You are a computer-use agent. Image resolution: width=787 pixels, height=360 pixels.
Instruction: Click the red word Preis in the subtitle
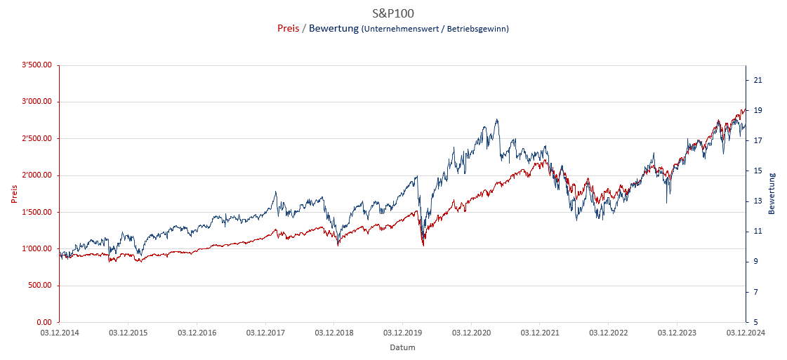click(288, 29)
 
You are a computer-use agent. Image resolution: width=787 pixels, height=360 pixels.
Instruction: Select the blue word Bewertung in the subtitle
click(333, 29)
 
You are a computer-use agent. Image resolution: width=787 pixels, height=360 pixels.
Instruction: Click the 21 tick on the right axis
click(757, 81)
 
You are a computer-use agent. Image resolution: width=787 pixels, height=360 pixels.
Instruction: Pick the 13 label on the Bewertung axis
click(757, 201)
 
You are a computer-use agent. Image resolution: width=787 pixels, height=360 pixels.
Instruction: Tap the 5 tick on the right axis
click(755, 322)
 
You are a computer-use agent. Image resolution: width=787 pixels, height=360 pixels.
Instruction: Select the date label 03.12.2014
click(59, 333)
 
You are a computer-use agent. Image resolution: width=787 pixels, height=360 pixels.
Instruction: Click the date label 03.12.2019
click(402, 333)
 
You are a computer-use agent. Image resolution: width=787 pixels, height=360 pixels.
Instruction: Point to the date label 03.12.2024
click(745, 333)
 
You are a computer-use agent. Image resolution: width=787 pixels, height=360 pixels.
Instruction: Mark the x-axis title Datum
click(402, 347)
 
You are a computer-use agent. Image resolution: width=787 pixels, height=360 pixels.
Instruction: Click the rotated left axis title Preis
click(14, 194)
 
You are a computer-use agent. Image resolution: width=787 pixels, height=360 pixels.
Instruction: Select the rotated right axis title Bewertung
click(772, 194)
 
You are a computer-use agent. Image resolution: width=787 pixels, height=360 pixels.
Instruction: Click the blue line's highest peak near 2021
click(497, 119)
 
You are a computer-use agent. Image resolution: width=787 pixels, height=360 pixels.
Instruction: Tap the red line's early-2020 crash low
click(423, 245)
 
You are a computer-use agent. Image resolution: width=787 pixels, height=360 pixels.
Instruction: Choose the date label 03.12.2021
click(539, 333)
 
